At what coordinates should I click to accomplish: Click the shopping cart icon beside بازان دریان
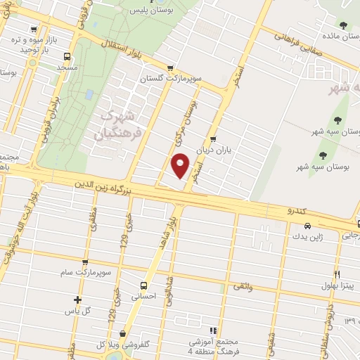(x=212, y=139)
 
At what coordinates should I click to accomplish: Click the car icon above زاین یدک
(x=307, y=226)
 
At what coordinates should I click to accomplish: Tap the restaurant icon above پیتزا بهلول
(x=337, y=274)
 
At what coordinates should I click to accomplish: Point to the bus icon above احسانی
(x=143, y=285)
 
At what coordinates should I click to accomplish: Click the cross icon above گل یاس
(x=77, y=300)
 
